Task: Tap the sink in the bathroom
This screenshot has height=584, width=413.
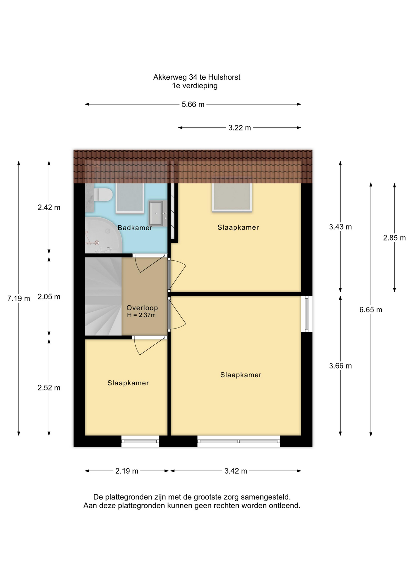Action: click(x=156, y=213)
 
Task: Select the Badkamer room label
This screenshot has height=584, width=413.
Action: click(x=135, y=228)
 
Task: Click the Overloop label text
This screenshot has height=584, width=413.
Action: click(x=142, y=308)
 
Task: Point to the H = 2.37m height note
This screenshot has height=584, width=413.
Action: click(x=141, y=315)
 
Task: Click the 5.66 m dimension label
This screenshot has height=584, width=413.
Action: click(x=193, y=105)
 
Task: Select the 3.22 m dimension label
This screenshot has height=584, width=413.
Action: click(x=240, y=128)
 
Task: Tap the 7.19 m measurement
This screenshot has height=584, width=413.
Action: click(x=19, y=299)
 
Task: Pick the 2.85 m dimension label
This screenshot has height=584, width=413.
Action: click(x=394, y=238)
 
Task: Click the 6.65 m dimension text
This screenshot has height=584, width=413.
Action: click(x=371, y=310)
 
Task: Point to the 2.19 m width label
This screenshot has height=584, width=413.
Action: click(x=127, y=471)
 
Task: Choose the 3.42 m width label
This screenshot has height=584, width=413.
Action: click(x=236, y=471)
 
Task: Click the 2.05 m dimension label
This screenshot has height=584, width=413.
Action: click(x=49, y=297)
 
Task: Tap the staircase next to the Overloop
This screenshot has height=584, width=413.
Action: click(x=103, y=297)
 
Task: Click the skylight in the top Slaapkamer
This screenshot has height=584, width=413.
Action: click(x=232, y=197)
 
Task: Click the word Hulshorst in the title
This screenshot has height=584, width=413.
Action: click(x=224, y=77)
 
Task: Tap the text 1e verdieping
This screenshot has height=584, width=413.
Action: click(x=195, y=86)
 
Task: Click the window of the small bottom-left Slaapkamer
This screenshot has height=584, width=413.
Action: click(x=140, y=441)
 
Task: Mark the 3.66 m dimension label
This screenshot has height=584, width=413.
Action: click(x=340, y=366)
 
